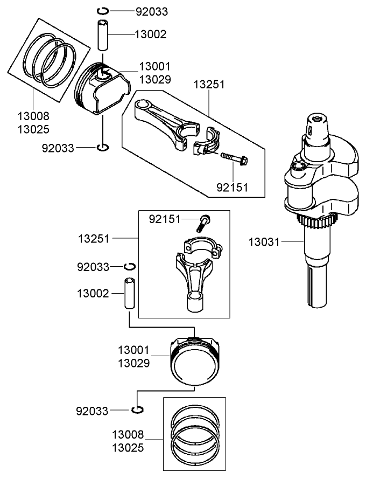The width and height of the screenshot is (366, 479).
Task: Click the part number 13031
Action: (x=264, y=242)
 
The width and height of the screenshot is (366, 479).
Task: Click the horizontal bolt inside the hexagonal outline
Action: (x=235, y=158)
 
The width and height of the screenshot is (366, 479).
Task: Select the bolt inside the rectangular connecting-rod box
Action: (x=205, y=221)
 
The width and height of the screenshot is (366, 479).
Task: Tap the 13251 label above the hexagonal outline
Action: (x=210, y=85)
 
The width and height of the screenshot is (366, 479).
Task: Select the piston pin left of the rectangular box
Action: (x=130, y=294)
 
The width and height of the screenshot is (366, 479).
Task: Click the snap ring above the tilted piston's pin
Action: (x=104, y=11)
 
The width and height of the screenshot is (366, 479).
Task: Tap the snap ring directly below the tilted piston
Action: (x=103, y=147)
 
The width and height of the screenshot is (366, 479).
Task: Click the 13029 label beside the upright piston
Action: (x=134, y=363)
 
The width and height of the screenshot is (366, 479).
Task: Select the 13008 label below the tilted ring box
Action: (x=33, y=116)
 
